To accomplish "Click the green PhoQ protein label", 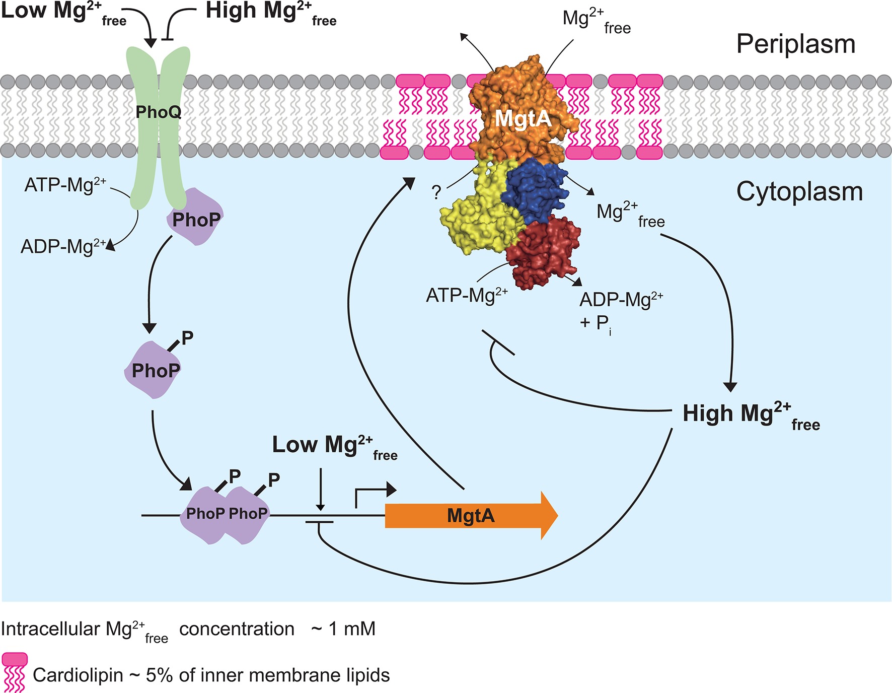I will pyautogui.click(x=159, y=112).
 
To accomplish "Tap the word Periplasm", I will pyautogui.click(x=795, y=44).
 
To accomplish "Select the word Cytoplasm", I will pyautogui.click(x=799, y=192).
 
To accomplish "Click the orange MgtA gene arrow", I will pyautogui.click(x=471, y=516).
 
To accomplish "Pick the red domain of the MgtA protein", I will pyautogui.click(x=544, y=252).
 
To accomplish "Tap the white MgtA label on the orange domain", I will pyautogui.click(x=523, y=119).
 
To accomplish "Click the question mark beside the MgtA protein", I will pyautogui.click(x=436, y=192).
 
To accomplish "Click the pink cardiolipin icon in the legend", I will pyautogui.click(x=14, y=672).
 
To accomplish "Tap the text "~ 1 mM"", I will pyautogui.click(x=343, y=629).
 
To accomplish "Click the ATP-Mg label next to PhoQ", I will pyautogui.click(x=65, y=185).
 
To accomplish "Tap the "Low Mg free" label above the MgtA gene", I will pyautogui.click(x=334, y=446).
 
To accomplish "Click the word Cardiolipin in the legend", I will pyautogui.click(x=78, y=675).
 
